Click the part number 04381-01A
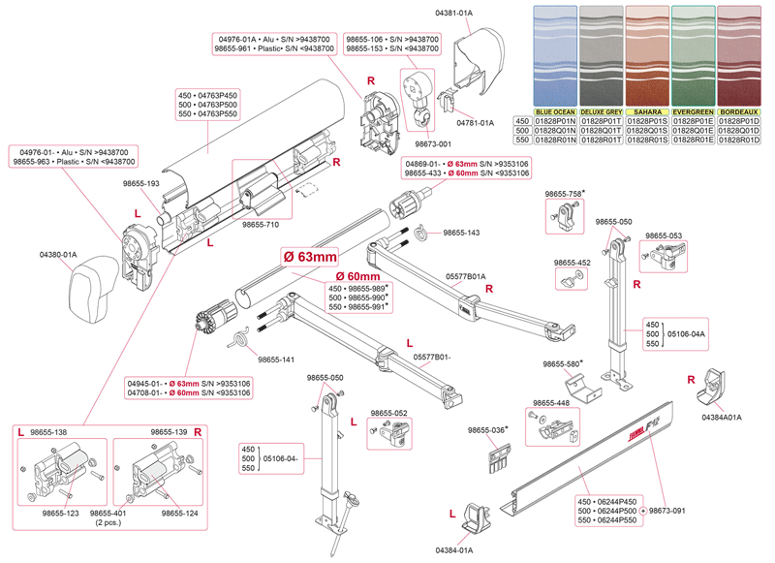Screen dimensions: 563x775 pyautogui.click(x=453, y=13)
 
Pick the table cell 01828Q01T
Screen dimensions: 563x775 pyautogui.click(x=602, y=131)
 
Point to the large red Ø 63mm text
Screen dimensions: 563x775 pyautogui.click(x=309, y=257)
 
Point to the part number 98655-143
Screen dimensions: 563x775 pyautogui.click(x=460, y=234)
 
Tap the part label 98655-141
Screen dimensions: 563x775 pyautogui.click(x=277, y=360)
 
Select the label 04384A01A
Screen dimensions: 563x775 pyautogui.click(x=721, y=417)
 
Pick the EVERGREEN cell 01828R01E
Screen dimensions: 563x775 pyautogui.click(x=694, y=141)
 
